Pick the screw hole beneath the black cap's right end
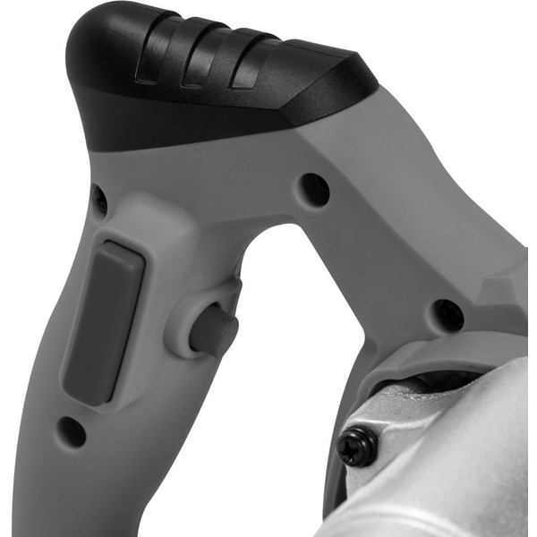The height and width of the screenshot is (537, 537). (x=314, y=188)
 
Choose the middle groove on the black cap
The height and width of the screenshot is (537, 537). (x=199, y=63)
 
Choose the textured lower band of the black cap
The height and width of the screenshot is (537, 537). (x=179, y=121)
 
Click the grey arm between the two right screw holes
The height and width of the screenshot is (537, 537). (x=385, y=251)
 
